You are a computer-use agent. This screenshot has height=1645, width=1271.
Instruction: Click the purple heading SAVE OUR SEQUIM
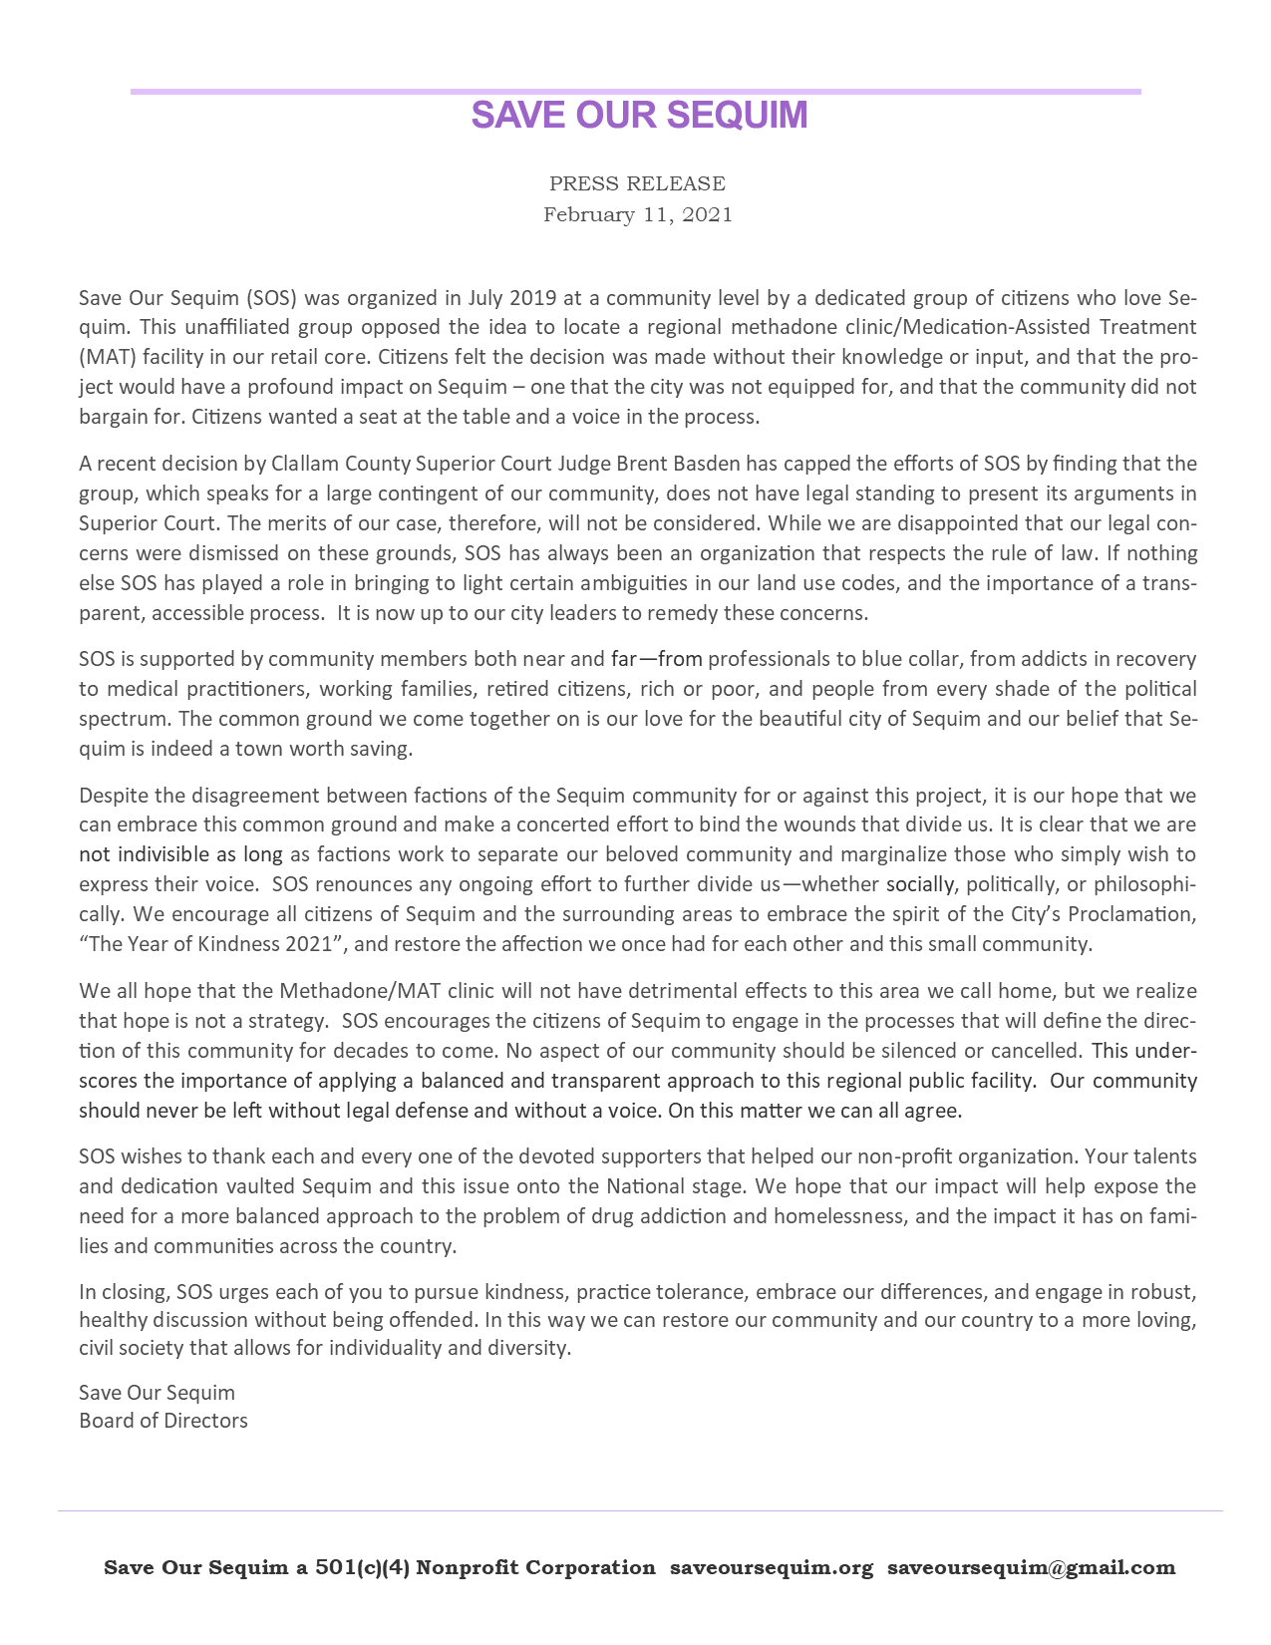tap(639, 116)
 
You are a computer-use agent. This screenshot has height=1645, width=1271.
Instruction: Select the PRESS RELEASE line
tap(637, 183)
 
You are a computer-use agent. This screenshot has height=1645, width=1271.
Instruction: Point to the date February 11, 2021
tap(637, 214)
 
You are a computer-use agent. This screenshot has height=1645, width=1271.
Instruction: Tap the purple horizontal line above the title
tap(635, 92)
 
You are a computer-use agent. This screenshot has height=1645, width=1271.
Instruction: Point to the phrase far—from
tap(657, 659)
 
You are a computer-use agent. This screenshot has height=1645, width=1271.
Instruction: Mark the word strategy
tap(280, 1021)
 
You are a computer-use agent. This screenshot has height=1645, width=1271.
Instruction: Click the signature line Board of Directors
tap(163, 1421)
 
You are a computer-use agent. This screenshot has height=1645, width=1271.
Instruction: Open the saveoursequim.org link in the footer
tap(772, 1567)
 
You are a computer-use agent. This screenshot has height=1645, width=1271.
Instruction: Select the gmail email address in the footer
tap(1031, 1567)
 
